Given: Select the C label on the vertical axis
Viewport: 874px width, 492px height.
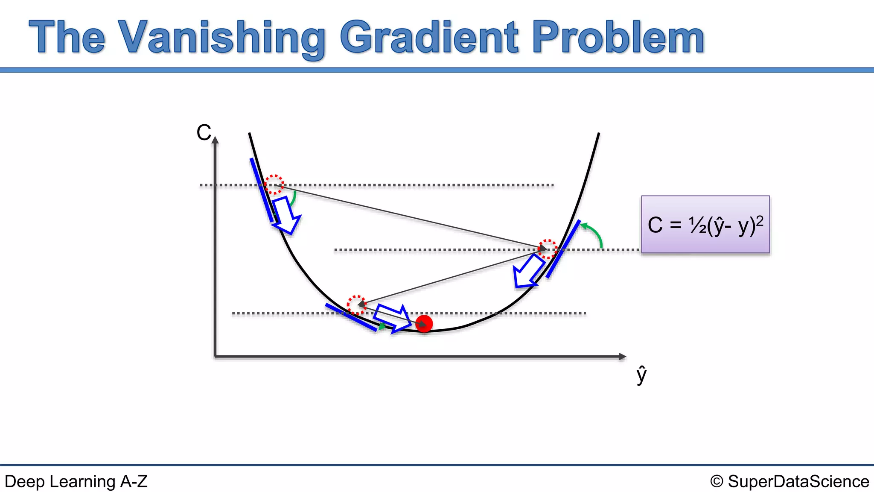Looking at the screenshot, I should coord(204,132).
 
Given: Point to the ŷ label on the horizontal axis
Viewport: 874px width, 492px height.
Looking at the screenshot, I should coord(641,375).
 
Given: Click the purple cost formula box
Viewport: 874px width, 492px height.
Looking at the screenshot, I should coord(705,225).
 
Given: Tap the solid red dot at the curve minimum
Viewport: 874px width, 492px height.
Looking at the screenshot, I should coord(424,324).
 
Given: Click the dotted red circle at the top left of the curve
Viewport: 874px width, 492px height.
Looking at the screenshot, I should coord(274,184).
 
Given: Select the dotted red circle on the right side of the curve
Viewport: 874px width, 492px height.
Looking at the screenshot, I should coord(547,249).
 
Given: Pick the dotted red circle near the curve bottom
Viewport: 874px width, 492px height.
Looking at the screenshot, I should coord(356,304).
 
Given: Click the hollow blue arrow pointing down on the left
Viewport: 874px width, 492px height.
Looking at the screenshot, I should coord(286,215).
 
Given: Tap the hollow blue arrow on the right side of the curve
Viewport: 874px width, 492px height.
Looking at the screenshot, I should coord(528,272).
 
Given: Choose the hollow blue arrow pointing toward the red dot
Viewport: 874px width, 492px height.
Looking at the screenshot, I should coord(392,319).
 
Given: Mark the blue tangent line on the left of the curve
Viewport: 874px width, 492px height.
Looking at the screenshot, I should coord(262,190).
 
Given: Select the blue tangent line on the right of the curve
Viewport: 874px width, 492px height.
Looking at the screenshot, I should coord(563,249).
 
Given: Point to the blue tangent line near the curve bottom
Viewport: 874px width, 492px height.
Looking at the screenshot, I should coord(351,317).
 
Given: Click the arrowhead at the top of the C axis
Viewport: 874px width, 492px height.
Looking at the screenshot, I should coord(215,140).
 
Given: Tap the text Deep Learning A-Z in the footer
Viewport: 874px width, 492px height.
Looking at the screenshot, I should coord(76,481).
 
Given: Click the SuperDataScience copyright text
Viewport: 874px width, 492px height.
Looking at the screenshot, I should coord(790,481).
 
